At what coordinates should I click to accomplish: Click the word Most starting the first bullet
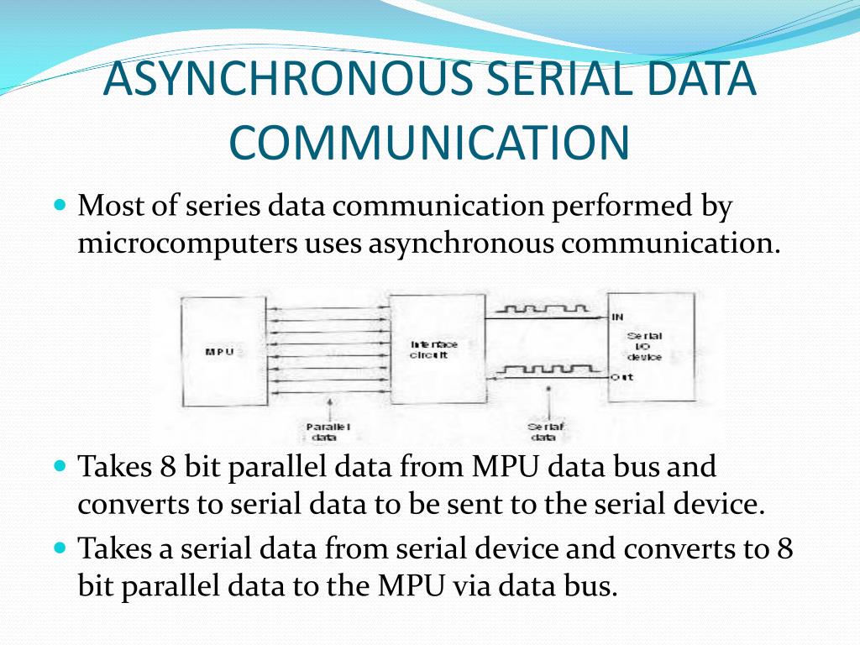pyautogui.click(x=111, y=206)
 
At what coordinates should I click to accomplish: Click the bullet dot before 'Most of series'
pyautogui.click(x=60, y=205)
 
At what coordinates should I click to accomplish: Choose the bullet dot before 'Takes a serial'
pyautogui.click(x=60, y=548)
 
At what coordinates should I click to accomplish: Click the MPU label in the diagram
pyautogui.click(x=218, y=352)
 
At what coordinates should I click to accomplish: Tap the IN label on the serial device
pyautogui.click(x=618, y=317)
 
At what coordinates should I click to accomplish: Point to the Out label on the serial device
pyautogui.click(x=621, y=378)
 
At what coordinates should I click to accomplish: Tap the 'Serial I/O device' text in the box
pyautogui.click(x=644, y=346)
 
